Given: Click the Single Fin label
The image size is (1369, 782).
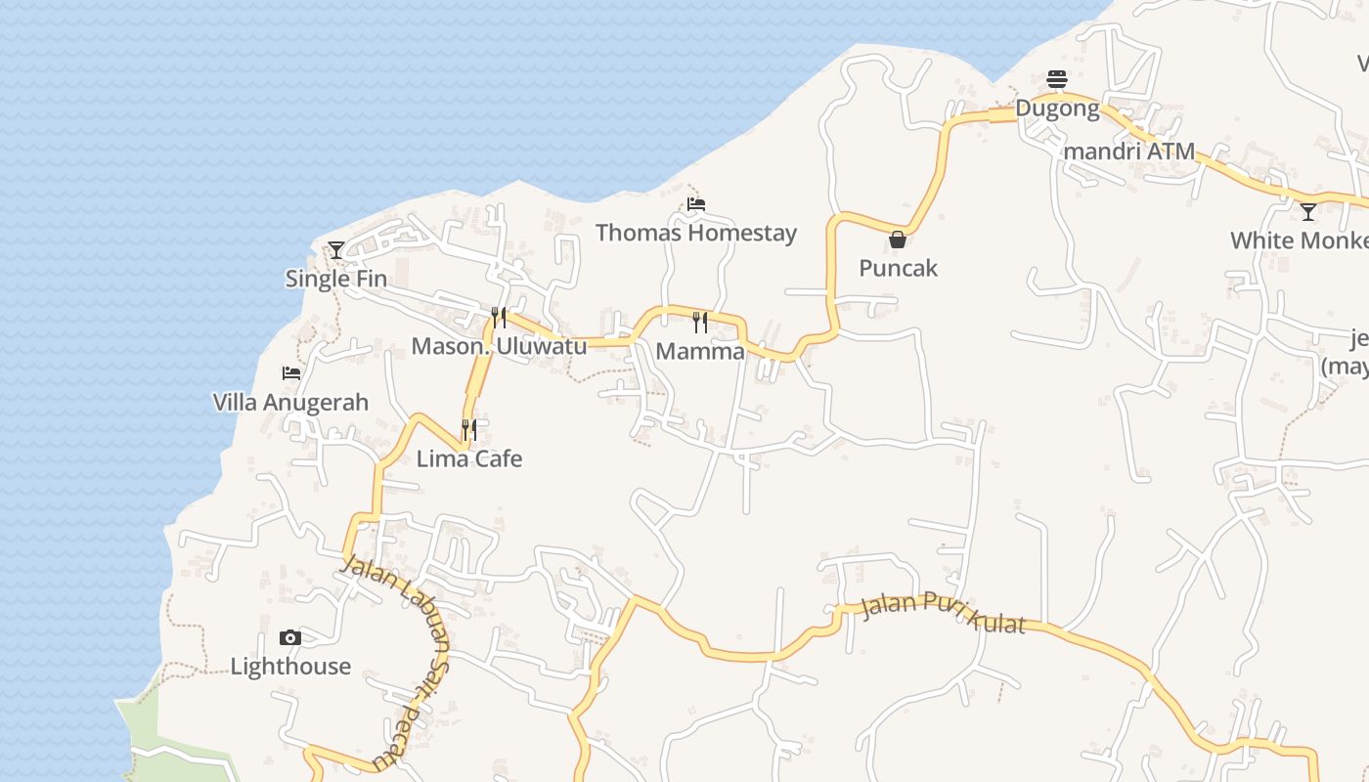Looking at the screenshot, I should coord(335,279).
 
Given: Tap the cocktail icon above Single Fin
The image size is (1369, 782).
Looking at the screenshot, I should coord(336,250).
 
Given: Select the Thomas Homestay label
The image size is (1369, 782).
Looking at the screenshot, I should coord(695,233).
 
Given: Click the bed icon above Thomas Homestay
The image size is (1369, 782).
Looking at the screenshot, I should coord(696,204).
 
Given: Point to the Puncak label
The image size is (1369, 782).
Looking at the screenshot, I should coord(898,268).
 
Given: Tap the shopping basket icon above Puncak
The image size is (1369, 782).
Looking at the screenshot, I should coord(898,239).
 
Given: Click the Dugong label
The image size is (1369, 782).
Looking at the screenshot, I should coord(1057,109).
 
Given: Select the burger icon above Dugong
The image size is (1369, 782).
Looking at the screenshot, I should coord(1056,78).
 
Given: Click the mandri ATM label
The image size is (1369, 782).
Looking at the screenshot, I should coord(1128,152).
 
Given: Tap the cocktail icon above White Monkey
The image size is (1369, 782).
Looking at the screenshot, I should coord(1308,211).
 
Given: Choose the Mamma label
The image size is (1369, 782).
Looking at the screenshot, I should coord(700,351).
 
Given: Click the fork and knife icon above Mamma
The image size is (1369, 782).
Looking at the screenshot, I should coord(700,322).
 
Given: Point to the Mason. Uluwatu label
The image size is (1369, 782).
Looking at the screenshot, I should coord(499,346).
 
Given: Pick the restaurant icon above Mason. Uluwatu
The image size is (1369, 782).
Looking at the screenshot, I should coord(499,317).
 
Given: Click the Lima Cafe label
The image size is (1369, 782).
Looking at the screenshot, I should coord(469,458).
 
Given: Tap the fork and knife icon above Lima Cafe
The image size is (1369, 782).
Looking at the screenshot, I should coord(469,429).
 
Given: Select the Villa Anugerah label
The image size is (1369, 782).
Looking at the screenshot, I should coord(290,402).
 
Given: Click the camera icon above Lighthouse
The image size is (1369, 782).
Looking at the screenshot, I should coord(290,638).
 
